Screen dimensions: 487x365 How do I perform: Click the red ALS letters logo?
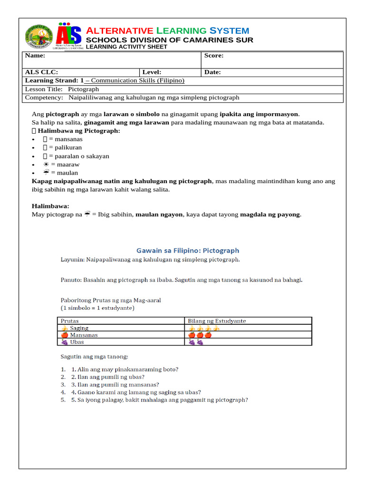click(69, 36)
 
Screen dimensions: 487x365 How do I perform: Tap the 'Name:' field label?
click(35, 56)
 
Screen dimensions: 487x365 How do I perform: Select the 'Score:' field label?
click(213, 56)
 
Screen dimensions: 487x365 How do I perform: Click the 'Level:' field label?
click(152, 72)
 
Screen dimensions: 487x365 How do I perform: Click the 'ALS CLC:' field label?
click(41, 72)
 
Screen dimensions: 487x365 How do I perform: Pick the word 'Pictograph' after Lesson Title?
click(83, 89)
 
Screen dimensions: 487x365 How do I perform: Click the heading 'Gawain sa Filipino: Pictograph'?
click(188, 250)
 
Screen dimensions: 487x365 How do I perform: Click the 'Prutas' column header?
click(70, 321)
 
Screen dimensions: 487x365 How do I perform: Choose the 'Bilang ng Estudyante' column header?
click(217, 321)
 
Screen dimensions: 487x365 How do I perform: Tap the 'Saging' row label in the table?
click(79, 328)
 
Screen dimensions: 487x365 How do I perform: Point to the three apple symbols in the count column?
click(200, 335)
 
